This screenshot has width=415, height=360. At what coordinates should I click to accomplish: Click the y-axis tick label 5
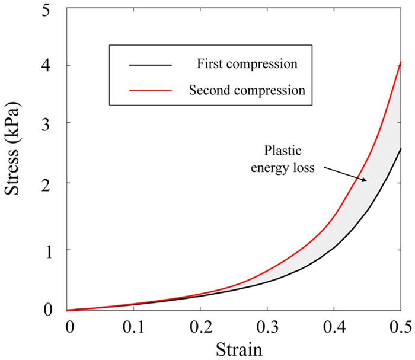[x=55, y=9]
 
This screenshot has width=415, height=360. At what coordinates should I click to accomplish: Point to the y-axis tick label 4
[x=55, y=65]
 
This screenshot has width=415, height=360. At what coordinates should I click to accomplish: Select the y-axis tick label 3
[x=55, y=123]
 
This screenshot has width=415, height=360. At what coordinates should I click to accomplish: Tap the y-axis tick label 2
[x=55, y=183]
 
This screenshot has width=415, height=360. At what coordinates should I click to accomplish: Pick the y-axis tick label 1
[x=55, y=250]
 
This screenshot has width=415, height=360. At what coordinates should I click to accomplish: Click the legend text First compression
[x=240, y=63]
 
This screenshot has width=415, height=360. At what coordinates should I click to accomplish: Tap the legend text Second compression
[x=247, y=90]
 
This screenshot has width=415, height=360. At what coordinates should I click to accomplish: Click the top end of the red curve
[x=401, y=62]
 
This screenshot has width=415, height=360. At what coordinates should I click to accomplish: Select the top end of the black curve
[x=401, y=149]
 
